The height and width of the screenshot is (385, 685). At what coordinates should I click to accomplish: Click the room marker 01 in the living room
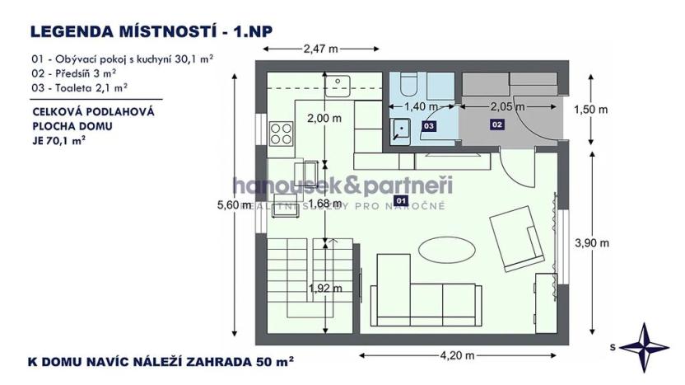point(402,200)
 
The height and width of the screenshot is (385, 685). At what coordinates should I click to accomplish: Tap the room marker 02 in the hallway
point(496,124)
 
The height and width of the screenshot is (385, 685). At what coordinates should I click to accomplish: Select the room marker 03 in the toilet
point(428,125)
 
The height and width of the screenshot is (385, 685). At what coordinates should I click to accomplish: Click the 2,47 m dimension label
point(321,48)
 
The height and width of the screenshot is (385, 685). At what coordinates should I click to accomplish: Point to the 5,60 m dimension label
point(234,206)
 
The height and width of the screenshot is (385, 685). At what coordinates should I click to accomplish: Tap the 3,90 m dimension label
point(591,242)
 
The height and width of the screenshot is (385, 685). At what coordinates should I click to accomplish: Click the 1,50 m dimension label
point(591,110)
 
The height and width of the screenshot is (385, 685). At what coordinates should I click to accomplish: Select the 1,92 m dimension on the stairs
point(324,289)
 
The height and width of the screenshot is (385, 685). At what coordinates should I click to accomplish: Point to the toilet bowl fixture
point(408,87)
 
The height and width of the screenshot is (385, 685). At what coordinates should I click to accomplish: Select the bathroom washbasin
point(402,129)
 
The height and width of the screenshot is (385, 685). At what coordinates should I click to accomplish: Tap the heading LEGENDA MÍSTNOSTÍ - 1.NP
point(151,32)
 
